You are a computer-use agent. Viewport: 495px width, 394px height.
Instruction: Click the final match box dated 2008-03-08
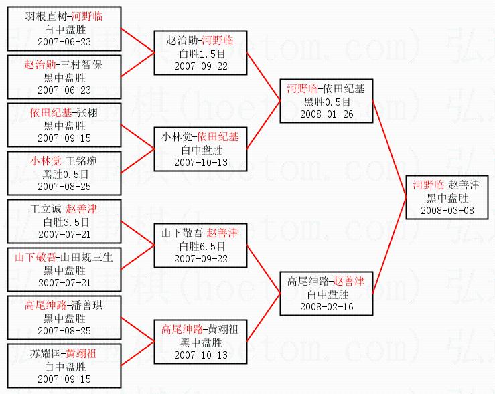click(x=447, y=197)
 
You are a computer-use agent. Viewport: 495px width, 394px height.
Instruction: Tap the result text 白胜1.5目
click(x=200, y=53)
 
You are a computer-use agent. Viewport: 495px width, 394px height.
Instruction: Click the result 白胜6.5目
click(x=200, y=245)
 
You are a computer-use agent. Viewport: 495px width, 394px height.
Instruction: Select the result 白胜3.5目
click(x=64, y=221)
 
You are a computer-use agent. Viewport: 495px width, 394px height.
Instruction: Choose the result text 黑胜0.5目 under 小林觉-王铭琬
click(x=64, y=173)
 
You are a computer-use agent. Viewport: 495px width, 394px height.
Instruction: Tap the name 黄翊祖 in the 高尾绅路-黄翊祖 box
click(x=224, y=329)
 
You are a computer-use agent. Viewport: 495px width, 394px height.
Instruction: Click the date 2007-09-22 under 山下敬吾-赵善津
click(x=200, y=258)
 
